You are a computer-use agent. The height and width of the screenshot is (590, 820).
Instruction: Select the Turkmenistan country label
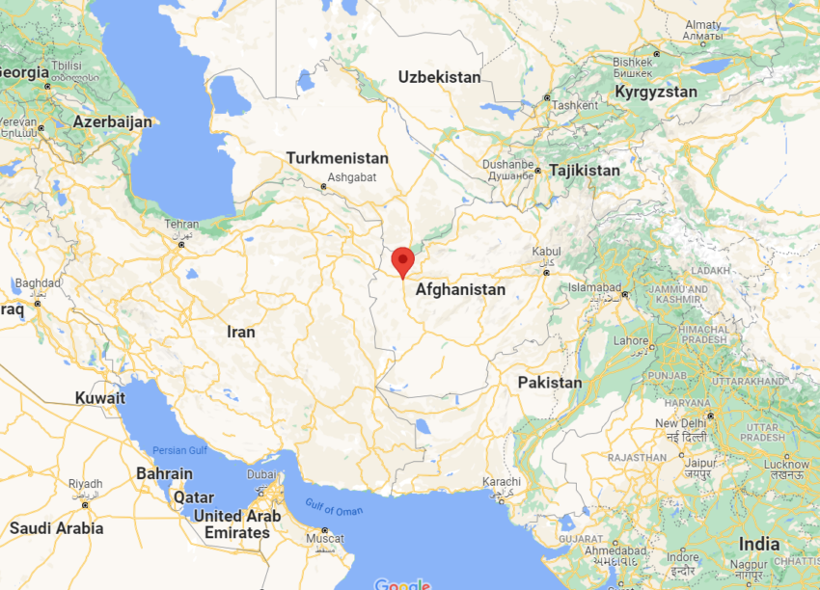pyautogui.click(x=337, y=158)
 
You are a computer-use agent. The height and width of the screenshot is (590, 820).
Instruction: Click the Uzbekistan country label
pyautogui.click(x=439, y=77)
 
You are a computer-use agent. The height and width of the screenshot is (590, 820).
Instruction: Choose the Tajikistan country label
pyautogui.click(x=585, y=171)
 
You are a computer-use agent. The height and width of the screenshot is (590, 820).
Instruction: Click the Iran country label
pyautogui.click(x=240, y=332)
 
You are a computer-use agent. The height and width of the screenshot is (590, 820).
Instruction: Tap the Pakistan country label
pyautogui.click(x=549, y=383)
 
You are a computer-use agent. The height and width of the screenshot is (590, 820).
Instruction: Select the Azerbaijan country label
pyautogui.click(x=112, y=122)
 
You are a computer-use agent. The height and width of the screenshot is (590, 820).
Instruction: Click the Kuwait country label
pyautogui.click(x=100, y=398)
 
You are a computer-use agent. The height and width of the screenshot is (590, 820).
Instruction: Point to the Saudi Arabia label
pyautogui.click(x=56, y=528)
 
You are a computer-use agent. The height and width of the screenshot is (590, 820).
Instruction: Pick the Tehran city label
pyautogui.click(x=181, y=225)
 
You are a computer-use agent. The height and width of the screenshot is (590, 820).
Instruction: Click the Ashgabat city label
pyautogui.click(x=345, y=177)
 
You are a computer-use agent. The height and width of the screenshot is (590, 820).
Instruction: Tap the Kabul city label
pyautogui.click(x=546, y=253)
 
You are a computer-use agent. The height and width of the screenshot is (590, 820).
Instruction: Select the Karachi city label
pyautogui.click(x=502, y=482)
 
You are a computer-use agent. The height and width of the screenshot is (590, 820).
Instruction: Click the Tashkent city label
pyautogui.click(x=576, y=105)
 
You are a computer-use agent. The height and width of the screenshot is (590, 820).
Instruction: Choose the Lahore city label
pyautogui.click(x=632, y=340)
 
